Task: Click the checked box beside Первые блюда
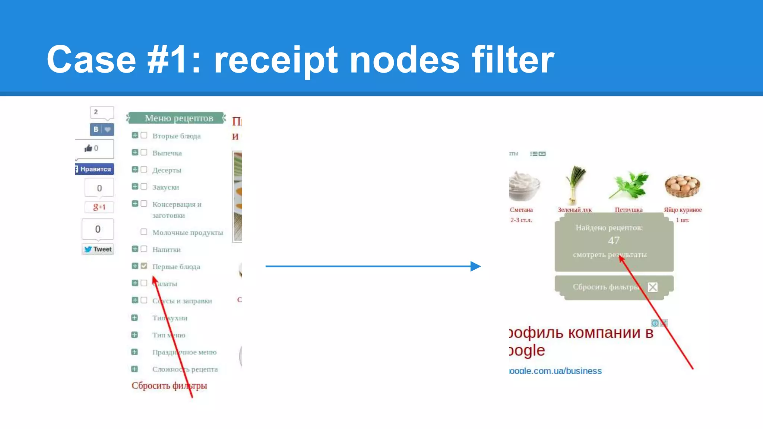click(x=144, y=266)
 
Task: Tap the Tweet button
click(x=98, y=249)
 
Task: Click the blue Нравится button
click(x=95, y=169)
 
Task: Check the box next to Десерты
click(x=144, y=170)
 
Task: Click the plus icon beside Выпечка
click(x=135, y=153)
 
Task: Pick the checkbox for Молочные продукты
click(x=144, y=232)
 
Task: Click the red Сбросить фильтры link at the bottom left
click(x=169, y=385)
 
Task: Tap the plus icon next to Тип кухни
click(x=134, y=318)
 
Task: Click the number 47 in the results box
click(x=614, y=241)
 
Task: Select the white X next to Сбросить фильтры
click(x=652, y=287)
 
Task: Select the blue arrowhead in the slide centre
click(x=475, y=266)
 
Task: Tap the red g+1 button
click(x=99, y=207)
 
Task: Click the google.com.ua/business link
click(x=555, y=371)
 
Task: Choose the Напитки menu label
click(x=167, y=250)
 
